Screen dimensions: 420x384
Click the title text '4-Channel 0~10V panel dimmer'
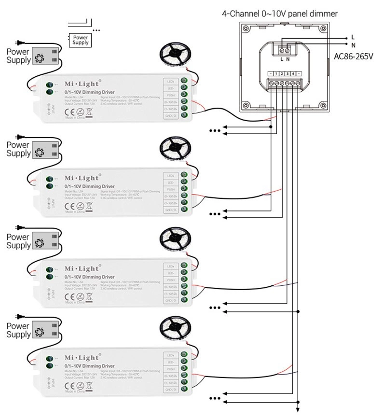tap(279, 14)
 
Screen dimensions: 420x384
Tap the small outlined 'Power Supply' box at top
tap(81, 40)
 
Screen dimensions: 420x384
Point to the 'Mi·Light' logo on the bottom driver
tap(82, 357)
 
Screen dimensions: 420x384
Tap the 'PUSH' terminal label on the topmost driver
tap(170, 95)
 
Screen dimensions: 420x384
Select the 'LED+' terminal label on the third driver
tap(170, 266)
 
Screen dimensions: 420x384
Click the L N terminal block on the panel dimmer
tap(285, 49)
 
